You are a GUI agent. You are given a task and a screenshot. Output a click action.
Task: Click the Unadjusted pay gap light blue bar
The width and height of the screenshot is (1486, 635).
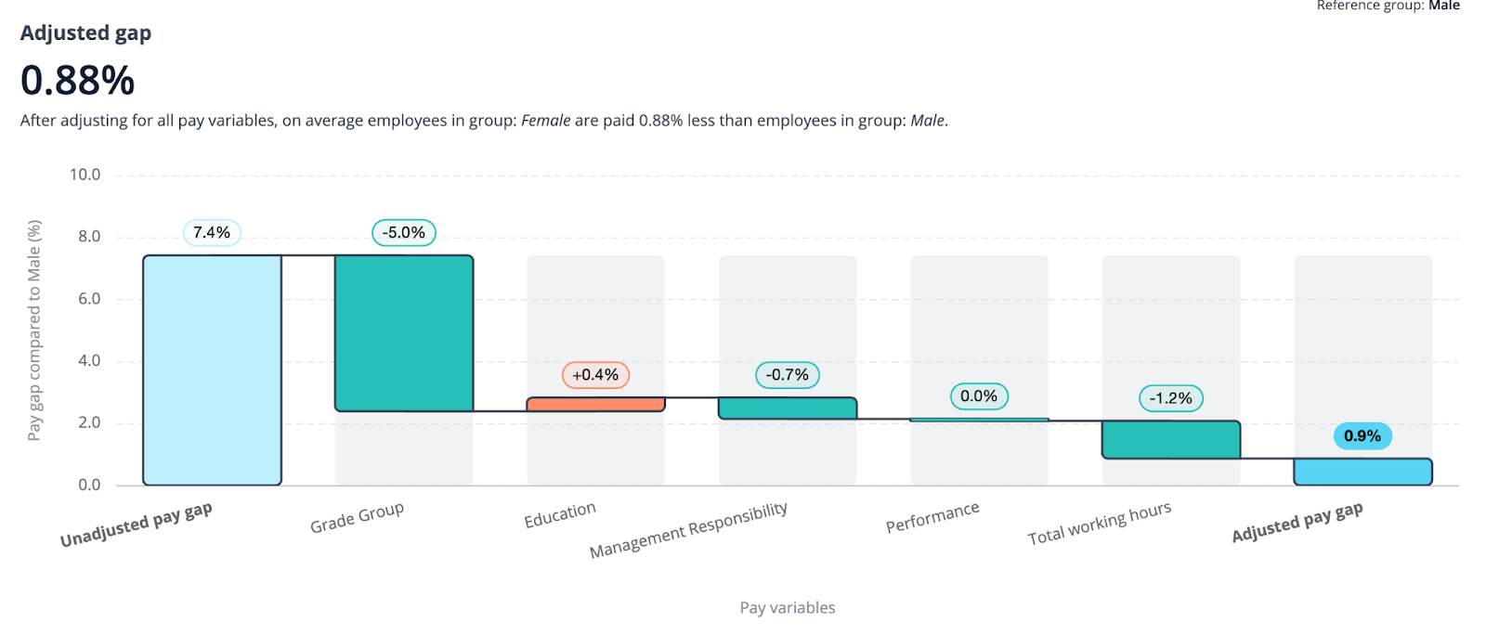[212, 369]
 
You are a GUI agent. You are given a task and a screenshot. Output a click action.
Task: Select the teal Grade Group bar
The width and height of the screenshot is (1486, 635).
[404, 333]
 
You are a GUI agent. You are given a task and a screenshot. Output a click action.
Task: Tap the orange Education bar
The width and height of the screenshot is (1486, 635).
[595, 404]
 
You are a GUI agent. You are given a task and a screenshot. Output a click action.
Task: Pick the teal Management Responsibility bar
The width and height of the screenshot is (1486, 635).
[788, 408]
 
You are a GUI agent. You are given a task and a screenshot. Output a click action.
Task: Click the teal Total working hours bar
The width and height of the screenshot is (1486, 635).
[1171, 439]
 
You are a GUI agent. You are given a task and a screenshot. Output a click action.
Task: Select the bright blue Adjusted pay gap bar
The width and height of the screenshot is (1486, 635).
[1362, 472]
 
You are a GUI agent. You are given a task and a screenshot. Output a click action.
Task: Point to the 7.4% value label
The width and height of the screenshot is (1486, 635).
[212, 233]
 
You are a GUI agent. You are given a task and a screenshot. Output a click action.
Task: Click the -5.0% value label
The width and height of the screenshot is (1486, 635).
[404, 233]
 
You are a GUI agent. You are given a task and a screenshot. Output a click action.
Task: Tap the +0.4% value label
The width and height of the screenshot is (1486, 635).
[595, 375]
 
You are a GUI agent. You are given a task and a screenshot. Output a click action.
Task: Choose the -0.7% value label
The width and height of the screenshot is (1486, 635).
[788, 375]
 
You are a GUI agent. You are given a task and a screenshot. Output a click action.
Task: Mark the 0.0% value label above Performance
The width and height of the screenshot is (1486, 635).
[979, 396]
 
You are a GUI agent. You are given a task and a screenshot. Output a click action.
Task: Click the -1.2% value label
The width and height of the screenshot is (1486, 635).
[1171, 398]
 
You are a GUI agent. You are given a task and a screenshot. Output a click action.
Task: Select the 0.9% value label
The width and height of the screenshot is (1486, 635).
[1362, 436]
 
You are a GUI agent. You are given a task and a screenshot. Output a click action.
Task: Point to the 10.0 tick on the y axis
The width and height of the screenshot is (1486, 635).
[85, 175]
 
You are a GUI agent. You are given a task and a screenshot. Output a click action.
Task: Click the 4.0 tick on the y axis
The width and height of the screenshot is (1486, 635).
[89, 361]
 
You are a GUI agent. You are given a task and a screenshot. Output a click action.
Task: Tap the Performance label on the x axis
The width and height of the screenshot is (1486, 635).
[932, 518]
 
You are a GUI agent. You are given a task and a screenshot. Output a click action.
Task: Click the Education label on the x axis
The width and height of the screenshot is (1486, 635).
[560, 515]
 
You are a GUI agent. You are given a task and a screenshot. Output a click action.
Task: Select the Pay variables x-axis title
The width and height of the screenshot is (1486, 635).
[788, 608]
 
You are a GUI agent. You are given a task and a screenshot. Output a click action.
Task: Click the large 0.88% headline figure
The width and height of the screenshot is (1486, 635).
[78, 81]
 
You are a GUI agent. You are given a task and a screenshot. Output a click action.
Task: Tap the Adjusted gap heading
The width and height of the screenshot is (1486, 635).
[85, 33]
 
